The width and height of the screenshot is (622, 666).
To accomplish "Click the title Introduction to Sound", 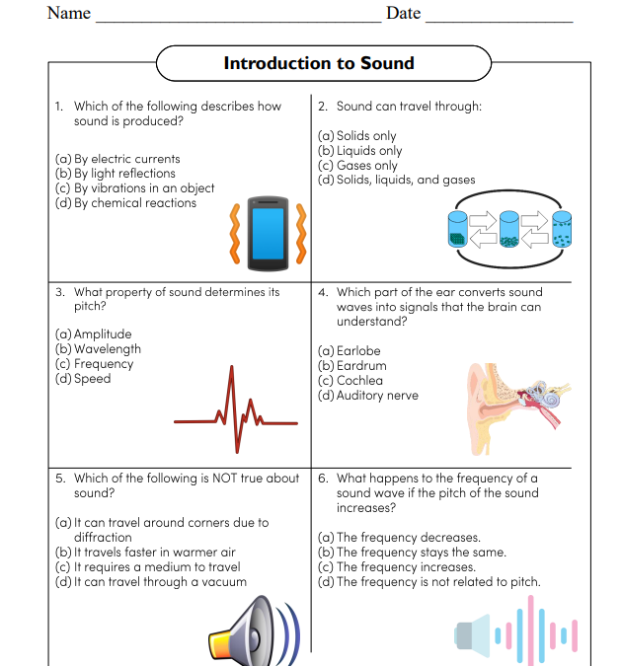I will pos(319,64).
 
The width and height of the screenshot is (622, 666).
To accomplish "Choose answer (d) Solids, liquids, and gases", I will pos(396,181).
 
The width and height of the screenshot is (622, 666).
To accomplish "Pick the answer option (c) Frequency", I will pos(94,364).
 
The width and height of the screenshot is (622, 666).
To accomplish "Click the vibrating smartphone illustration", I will pos(266,235).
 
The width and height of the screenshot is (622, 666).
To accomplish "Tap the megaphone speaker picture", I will pos(251,631).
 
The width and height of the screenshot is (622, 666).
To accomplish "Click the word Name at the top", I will pos(68,14).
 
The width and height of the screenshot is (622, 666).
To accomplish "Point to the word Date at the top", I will pos(403,14).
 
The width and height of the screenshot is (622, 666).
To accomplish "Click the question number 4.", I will pos(323,293).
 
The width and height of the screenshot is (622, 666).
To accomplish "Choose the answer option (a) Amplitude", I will pos(94,334).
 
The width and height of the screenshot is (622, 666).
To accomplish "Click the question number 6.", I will pos(323,479).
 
